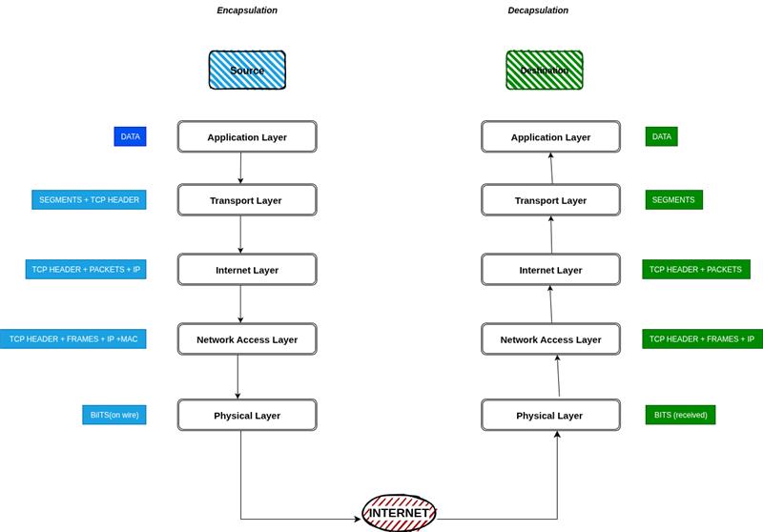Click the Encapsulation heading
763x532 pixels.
247,10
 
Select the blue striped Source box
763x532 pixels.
247,71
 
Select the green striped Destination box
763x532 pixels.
544,71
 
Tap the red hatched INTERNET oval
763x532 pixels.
399,513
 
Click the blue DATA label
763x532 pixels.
130,136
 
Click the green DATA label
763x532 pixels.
661,136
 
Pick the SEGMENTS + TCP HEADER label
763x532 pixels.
89,200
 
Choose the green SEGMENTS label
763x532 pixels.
673,200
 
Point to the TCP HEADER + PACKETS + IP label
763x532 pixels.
86,270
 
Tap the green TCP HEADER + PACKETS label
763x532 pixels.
695,270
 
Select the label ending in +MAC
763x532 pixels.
73,339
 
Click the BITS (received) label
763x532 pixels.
680,415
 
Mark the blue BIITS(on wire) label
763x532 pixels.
114,415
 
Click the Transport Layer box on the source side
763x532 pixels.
246,200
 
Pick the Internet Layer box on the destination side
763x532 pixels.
550,270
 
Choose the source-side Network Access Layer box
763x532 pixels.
246,339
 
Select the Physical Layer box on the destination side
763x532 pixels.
550,416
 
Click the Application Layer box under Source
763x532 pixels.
246,136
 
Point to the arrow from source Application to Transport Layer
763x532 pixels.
240,168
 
